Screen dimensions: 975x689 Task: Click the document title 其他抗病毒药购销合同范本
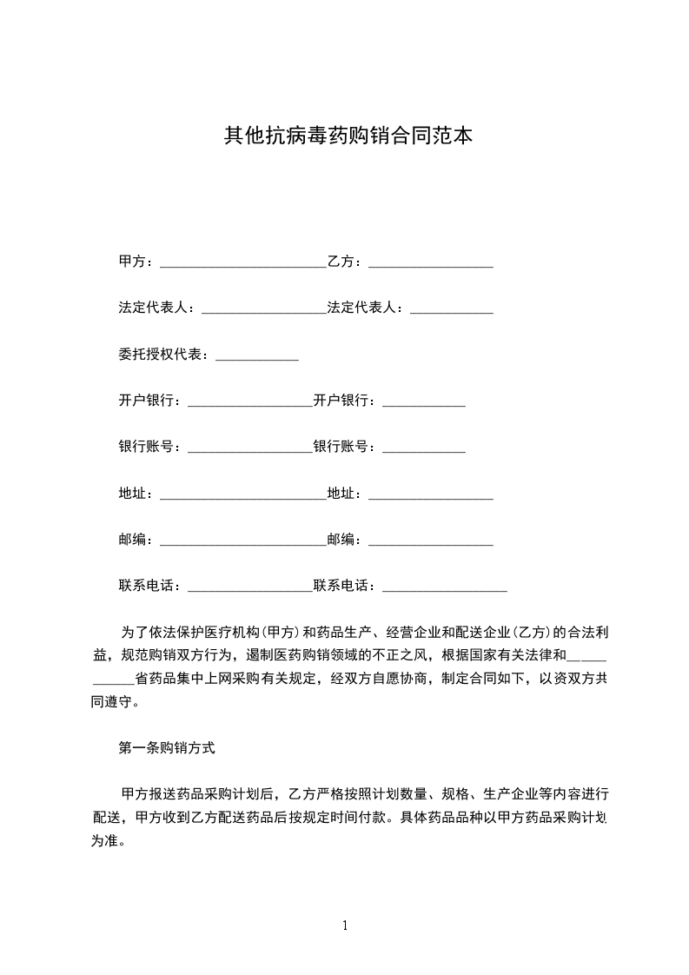pyautogui.click(x=348, y=136)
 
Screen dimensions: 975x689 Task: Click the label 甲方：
pyautogui.click(x=138, y=261)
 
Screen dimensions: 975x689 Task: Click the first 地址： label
pyautogui.click(x=138, y=494)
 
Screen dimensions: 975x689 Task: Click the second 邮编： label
pyautogui.click(x=347, y=540)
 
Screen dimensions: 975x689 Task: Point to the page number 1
pyautogui.click(x=345, y=925)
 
